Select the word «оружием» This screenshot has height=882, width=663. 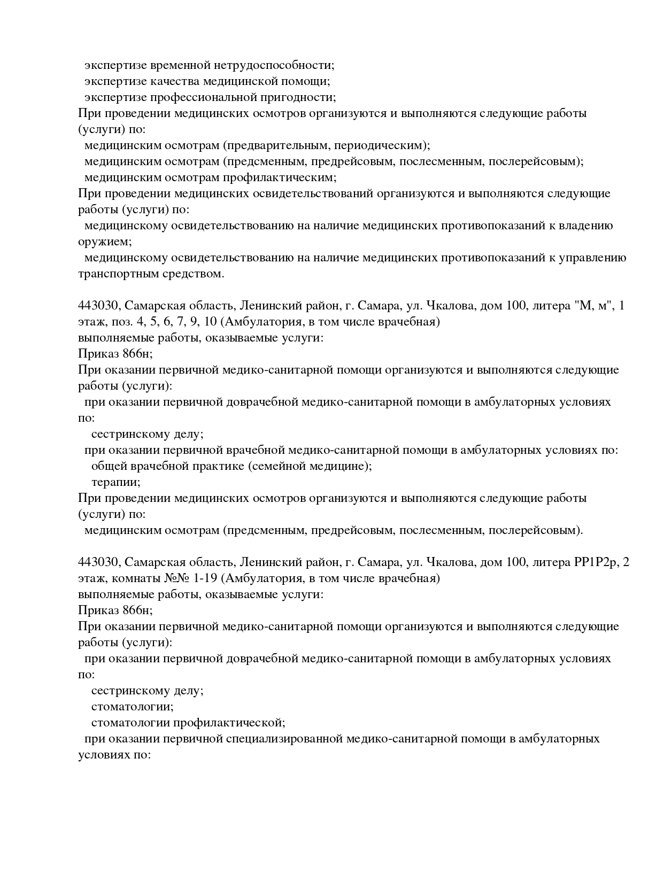point(104,242)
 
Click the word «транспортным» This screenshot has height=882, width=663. point(114,274)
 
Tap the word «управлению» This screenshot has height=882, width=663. point(593,258)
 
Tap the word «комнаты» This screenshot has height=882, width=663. point(134,578)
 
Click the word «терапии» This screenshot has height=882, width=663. point(115,482)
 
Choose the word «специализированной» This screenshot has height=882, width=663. point(284,739)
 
